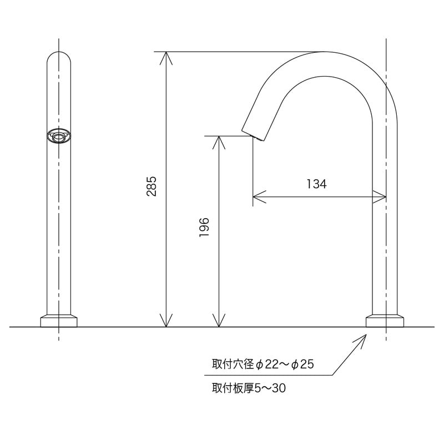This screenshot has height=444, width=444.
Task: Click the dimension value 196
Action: [x=204, y=228]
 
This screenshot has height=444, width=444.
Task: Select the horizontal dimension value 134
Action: [x=316, y=184]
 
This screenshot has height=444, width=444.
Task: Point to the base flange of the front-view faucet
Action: [x=59, y=321]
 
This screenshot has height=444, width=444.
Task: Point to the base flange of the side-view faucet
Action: [x=385, y=321]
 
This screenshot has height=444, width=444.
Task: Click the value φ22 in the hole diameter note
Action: [x=266, y=365]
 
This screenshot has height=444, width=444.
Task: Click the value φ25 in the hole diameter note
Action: [x=303, y=365]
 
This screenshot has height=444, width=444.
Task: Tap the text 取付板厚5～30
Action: [x=248, y=389]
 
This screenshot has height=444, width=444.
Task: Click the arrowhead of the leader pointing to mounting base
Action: [x=364, y=337]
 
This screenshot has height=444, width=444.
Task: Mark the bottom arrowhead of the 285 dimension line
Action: [x=166, y=322]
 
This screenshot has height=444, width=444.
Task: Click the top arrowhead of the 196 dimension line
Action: [x=219, y=140]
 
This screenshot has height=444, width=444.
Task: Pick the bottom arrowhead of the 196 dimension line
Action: [x=219, y=322]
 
